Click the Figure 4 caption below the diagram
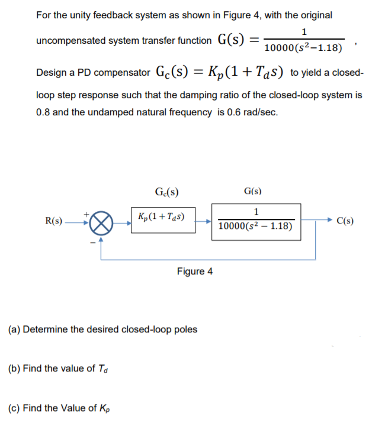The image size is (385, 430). tap(194, 271)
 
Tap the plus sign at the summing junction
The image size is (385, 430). tap(89, 212)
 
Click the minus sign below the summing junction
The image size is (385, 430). tap(92, 240)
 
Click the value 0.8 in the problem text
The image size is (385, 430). tap(43, 112)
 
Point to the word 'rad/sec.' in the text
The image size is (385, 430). tap(258, 112)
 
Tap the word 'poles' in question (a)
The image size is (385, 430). tap(185, 329)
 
